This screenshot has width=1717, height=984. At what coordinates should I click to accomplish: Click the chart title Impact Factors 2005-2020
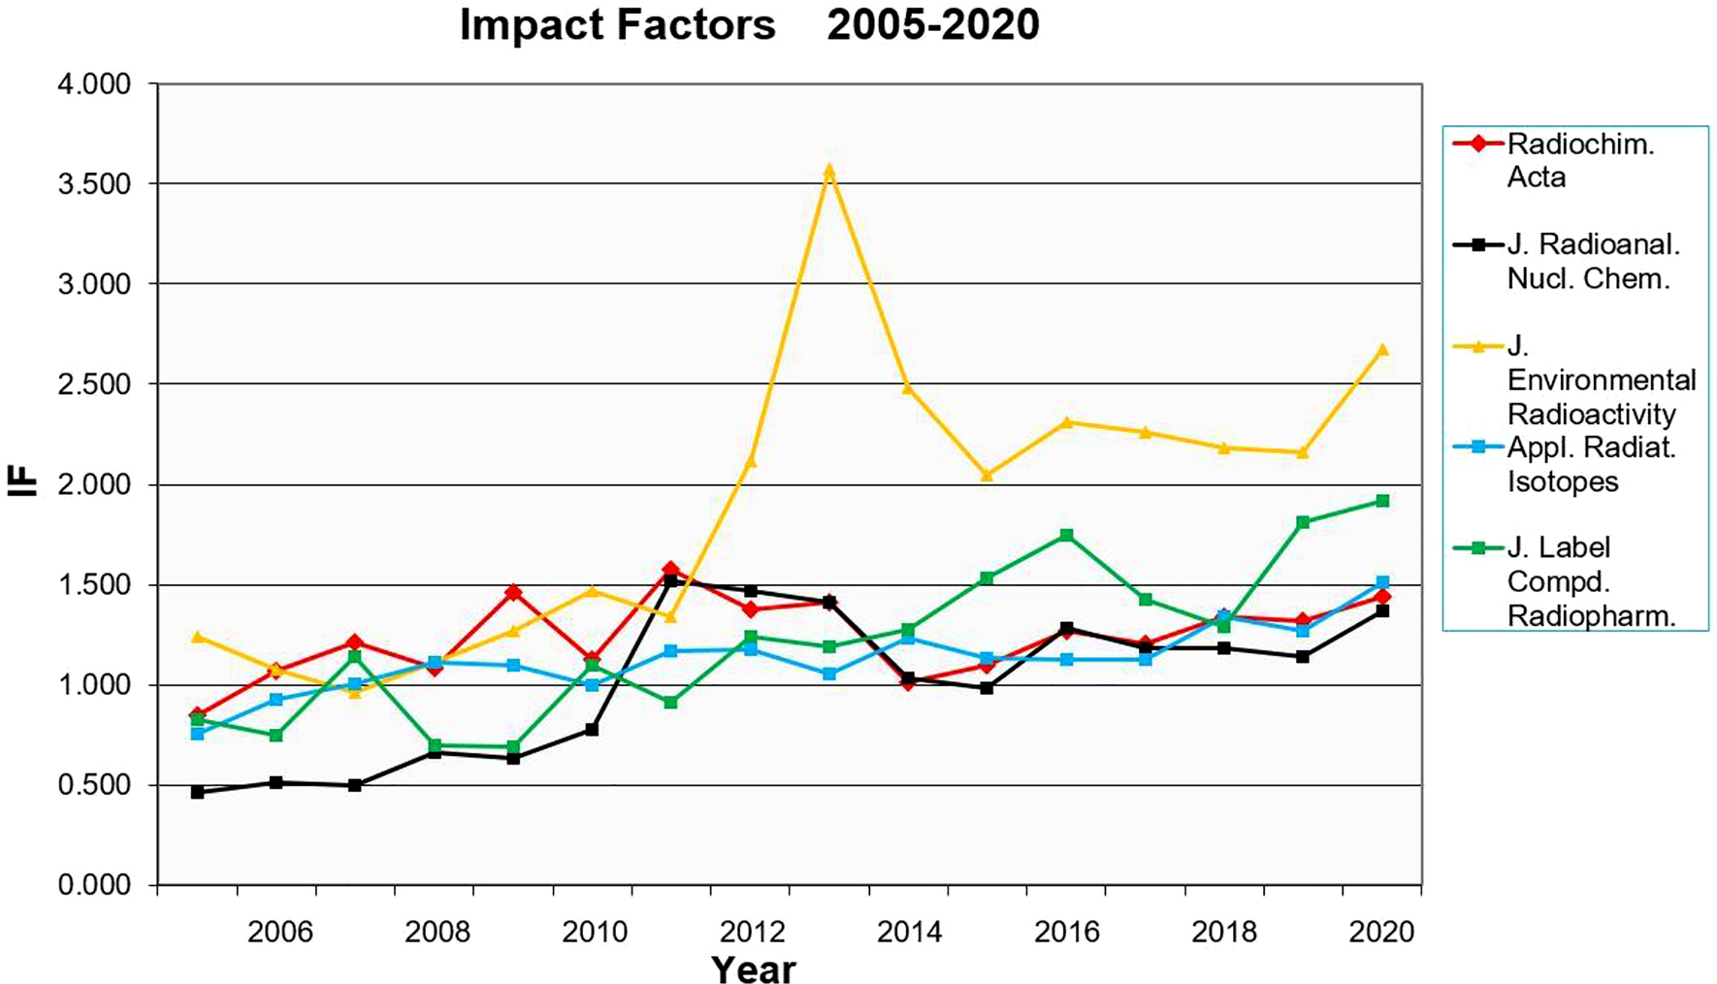click(x=749, y=25)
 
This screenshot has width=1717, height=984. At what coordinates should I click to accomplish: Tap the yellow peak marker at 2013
click(x=828, y=171)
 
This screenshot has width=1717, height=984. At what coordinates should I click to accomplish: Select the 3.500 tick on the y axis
click(x=93, y=184)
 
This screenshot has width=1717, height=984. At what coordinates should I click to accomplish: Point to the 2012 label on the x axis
click(x=752, y=933)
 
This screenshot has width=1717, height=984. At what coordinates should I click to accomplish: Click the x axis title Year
click(x=753, y=968)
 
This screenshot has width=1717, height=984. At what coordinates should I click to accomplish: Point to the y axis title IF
click(x=23, y=482)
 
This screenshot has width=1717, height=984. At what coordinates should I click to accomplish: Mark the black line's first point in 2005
click(x=198, y=792)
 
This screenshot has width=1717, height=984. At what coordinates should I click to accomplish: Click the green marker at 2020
click(x=1382, y=501)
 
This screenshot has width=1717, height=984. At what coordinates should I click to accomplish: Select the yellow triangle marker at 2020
click(x=1382, y=349)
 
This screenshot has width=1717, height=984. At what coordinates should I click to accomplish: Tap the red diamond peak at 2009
click(x=513, y=592)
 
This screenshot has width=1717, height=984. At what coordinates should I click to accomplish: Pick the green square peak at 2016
click(x=1066, y=535)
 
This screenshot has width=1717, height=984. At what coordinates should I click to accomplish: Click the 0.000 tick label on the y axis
click(x=93, y=885)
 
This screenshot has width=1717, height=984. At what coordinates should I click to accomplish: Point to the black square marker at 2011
click(x=670, y=580)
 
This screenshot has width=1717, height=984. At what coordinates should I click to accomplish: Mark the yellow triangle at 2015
click(x=987, y=476)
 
